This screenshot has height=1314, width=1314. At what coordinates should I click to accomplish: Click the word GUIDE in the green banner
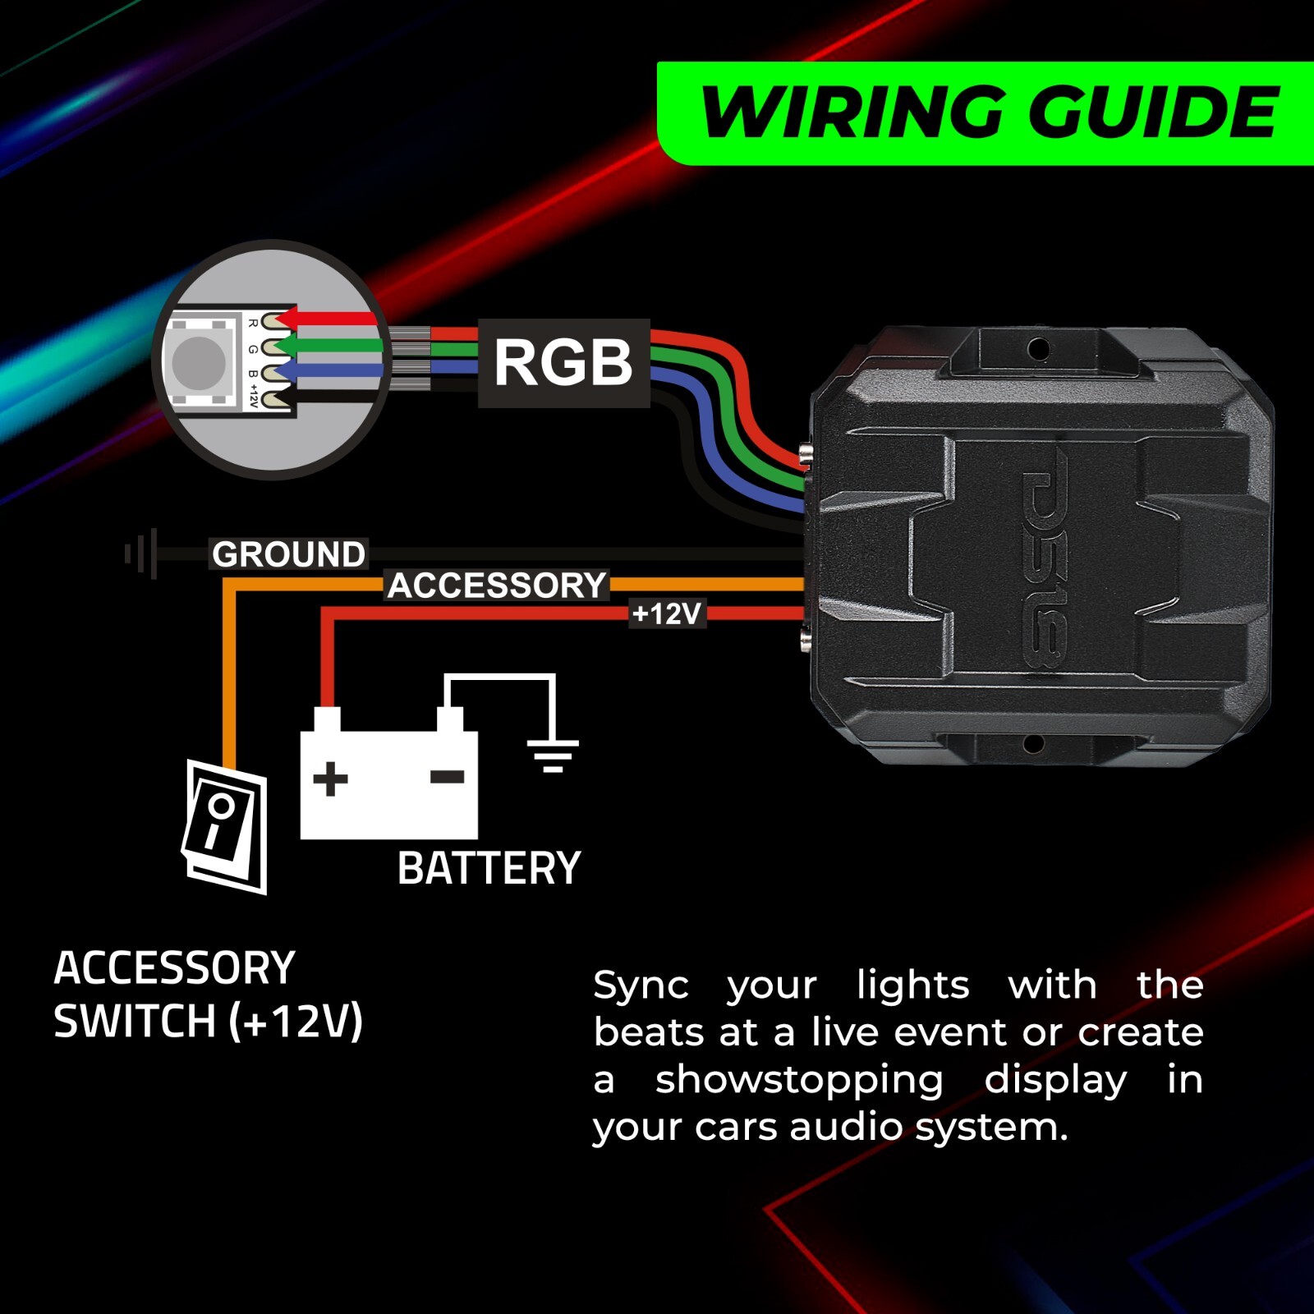tap(1154, 113)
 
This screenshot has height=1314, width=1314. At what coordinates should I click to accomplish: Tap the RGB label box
tap(563, 363)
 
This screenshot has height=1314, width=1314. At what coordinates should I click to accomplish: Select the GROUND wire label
tap(288, 554)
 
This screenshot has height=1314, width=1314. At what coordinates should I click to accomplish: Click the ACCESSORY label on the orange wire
tap(497, 586)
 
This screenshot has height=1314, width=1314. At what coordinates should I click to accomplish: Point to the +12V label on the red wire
tap(667, 613)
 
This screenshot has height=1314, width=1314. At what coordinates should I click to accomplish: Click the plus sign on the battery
tap(330, 779)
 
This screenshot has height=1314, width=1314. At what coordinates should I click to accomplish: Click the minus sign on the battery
tap(448, 777)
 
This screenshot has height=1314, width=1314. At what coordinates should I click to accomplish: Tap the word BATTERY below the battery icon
tap(489, 868)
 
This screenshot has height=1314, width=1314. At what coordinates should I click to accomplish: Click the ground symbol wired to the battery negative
tap(553, 755)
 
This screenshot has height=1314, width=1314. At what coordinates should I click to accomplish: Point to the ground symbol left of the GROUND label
tap(141, 554)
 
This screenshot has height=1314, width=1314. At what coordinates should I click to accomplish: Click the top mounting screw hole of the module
tap(1038, 350)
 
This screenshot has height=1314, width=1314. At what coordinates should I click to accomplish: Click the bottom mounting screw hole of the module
tap(1034, 744)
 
